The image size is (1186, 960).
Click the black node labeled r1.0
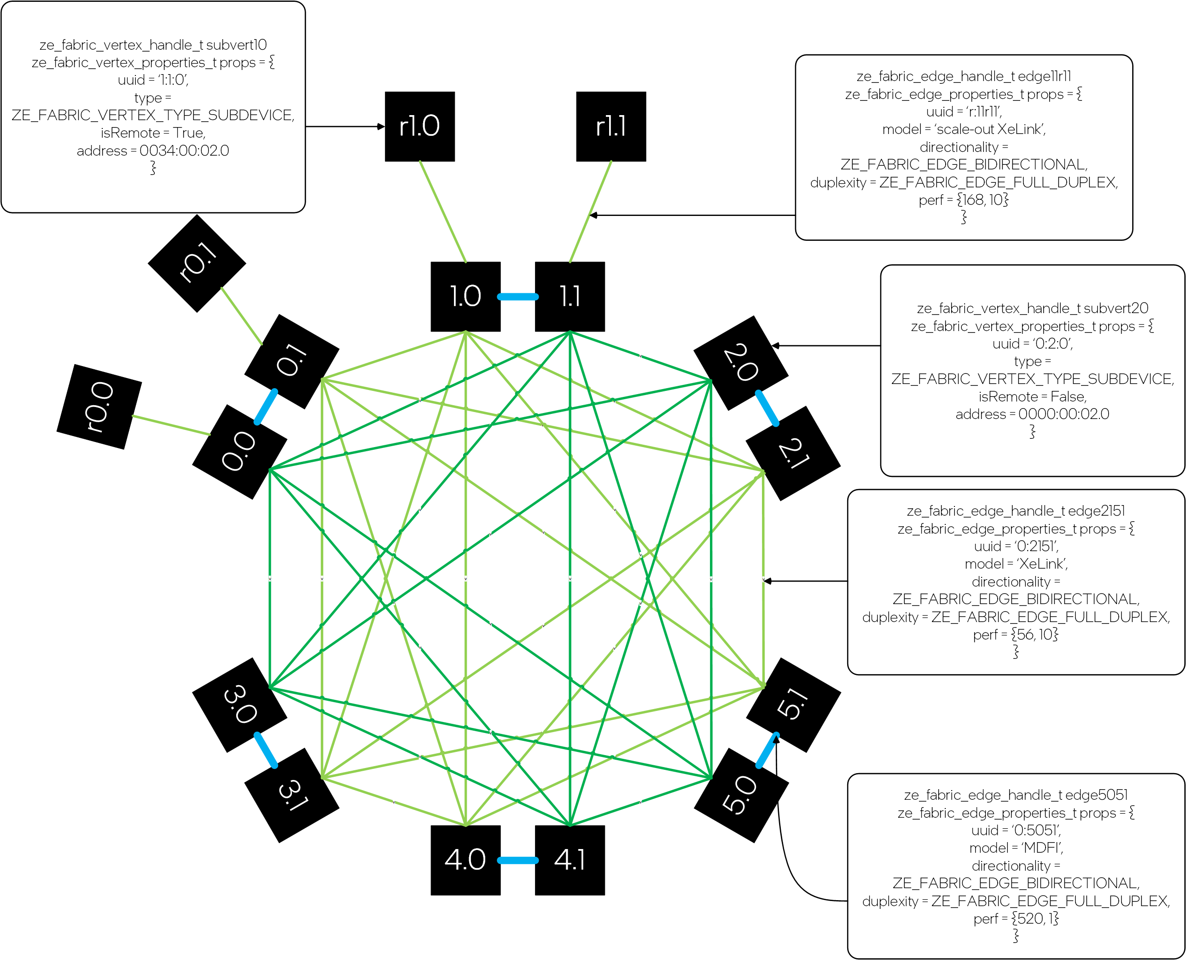[x=420, y=127]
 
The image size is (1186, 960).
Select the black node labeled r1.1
[x=611, y=127]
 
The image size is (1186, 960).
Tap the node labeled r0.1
[x=197, y=264]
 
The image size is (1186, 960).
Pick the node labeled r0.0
[x=99, y=407]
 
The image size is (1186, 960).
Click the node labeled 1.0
[x=465, y=297]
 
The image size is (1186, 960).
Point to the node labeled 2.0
[x=740, y=363]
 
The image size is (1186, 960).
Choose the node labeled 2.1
[x=793, y=454]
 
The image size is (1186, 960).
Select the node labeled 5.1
[x=793, y=705]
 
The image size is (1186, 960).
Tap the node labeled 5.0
[x=741, y=795]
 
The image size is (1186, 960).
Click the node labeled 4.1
[x=570, y=860]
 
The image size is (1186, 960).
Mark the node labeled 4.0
[x=465, y=860]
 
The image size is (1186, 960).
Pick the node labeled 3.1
[x=292, y=795]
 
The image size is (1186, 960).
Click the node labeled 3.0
[x=239, y=705]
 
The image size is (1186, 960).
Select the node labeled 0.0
[x=239, y=452]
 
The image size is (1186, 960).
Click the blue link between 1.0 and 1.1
[x=517, y=297]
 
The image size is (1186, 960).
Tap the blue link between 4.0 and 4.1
[x=517, y=861]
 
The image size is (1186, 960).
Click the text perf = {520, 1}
[x=1016, y=919]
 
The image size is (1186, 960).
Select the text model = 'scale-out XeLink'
[x=964, y=129]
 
